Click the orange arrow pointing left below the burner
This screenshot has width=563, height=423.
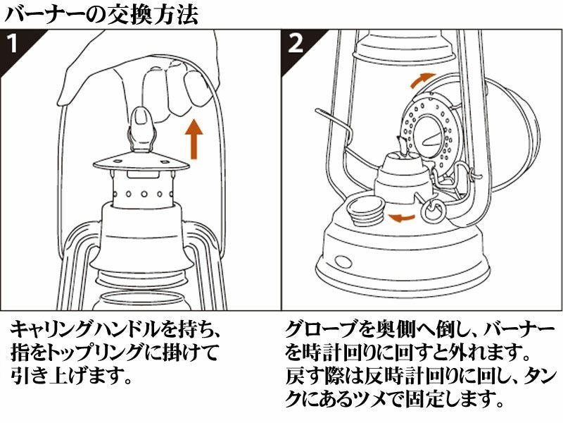point(400,216)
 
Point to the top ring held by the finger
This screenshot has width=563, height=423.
point(141,127)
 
